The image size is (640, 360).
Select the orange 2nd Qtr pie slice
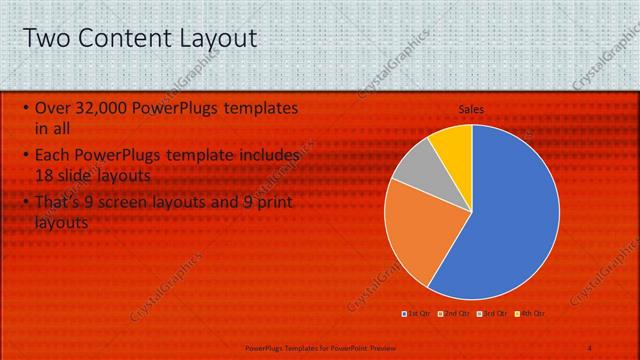[x=420, y=230]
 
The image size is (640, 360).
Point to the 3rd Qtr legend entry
[x=493, y=313]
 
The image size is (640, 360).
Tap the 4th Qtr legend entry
[x=530, y=313]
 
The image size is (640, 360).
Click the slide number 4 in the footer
[x=589, y=347]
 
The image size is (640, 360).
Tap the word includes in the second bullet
[x=267, y=156]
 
